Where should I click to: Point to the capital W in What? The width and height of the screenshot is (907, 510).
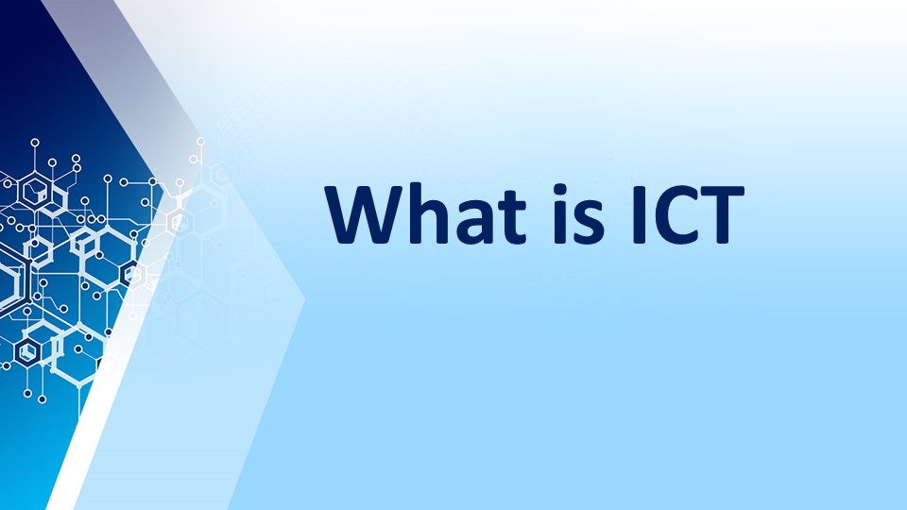[x=365, y=214]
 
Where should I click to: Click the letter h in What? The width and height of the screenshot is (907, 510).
[x=429, y=213]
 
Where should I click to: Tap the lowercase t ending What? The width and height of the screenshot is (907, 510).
[x=512, y=217]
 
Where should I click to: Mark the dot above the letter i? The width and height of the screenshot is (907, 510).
[x=560, y=190]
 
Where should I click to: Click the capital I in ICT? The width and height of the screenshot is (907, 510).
[x=639, y=214]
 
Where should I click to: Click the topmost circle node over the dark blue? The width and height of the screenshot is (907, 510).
[x=35, y=143]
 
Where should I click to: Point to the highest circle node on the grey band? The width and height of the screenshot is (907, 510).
[x=200, y=141]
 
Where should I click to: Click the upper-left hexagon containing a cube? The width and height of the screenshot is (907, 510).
[x=36, y=191]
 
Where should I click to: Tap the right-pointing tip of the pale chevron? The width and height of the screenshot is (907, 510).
[x=304, y=299]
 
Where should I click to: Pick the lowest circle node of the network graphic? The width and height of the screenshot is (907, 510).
[x=42, y=399]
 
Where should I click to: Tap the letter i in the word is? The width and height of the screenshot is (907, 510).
[x=560, y=214]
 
